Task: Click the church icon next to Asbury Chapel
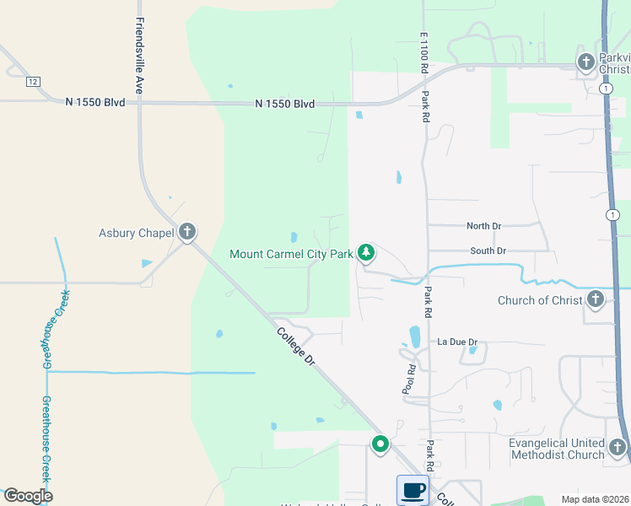coord(187,232)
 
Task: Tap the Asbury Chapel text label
coord(136,233)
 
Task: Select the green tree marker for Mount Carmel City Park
coord(365,252)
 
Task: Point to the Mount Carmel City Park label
coord(291,253)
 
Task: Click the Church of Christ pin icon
coord(596,299)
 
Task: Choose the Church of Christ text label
coord(540,300)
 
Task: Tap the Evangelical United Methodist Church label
coord(557,449)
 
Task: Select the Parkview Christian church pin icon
coord(586,62)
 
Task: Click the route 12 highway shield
coord(33,81)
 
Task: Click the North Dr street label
coord(484,226)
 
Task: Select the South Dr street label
coord(488,250)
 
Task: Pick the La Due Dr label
coord(457,342)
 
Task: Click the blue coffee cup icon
coord(413,490)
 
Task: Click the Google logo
coord(28,496)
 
